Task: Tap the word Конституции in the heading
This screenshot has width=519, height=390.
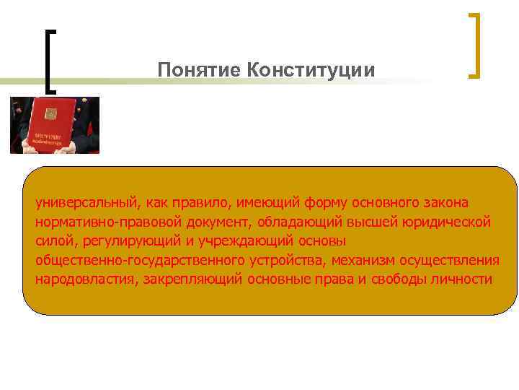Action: point(311,70)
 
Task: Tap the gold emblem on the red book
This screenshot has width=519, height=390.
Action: point(50,113)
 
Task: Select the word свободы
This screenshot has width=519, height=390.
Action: point(400,279)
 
